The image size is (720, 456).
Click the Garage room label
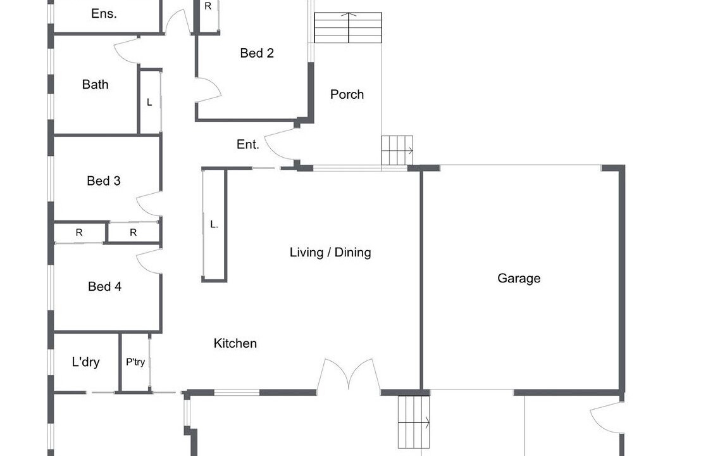tap(518, 278)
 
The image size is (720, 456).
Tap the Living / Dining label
tap(330, 252)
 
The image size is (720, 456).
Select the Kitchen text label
tap(235, 343)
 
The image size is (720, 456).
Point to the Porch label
tap(347, 94)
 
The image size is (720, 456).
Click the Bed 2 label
tap(257, 53)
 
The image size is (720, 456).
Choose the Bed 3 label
tap(103, 180)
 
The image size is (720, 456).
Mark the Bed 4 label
tap(104, 286)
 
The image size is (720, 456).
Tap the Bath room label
tap(95, 84)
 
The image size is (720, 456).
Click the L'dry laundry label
tap(85, 362)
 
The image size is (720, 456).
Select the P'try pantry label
tap(135, 362)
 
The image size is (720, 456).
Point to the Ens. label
tap(104, 13)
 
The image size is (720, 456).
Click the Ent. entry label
tap(247, 144)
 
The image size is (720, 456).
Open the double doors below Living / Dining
tap(349, 375)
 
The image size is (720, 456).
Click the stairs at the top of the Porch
tap(348, 28)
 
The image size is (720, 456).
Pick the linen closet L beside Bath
tap(150, 101)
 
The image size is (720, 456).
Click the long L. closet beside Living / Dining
tap(214, 225)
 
